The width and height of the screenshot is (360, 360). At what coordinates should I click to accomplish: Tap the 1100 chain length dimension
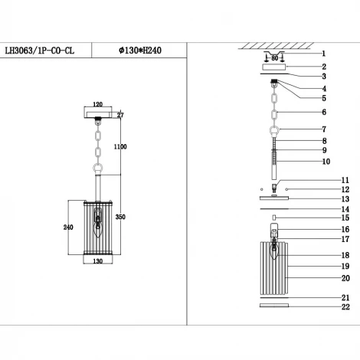120,146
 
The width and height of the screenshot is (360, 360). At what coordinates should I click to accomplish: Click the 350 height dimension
120,218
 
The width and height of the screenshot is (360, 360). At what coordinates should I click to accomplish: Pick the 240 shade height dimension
67,227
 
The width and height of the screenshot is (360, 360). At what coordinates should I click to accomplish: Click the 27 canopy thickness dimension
120,115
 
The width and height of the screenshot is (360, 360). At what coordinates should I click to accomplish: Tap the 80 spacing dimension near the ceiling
274,56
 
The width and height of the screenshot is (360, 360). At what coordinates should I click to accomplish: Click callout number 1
323,54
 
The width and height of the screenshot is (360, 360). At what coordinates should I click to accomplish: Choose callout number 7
323,129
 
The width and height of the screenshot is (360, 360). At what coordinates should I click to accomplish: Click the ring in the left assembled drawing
98,170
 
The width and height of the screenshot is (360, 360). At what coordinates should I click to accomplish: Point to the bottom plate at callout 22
274,306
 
